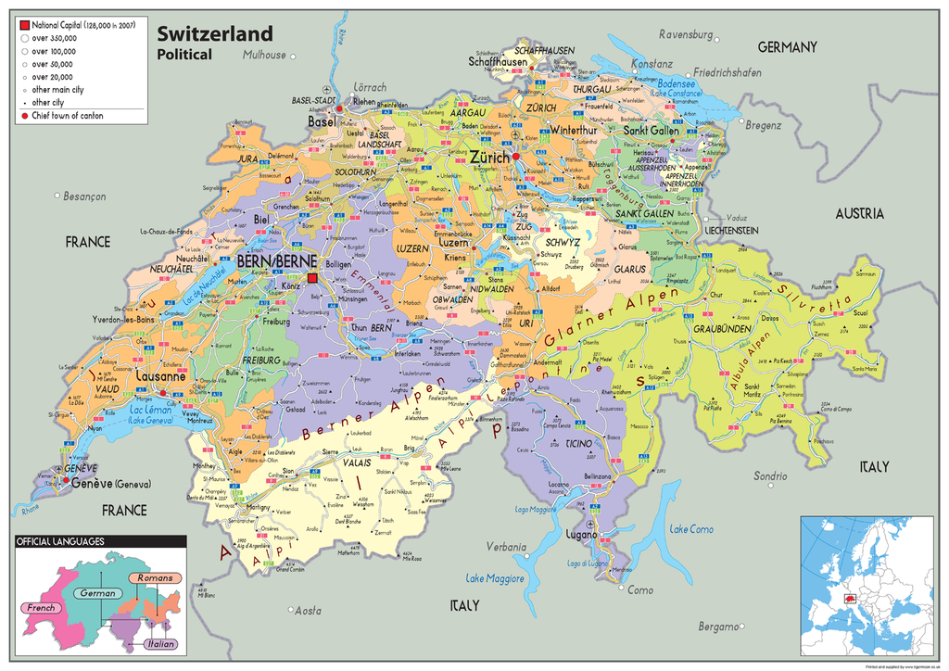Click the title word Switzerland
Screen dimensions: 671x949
point(214,33)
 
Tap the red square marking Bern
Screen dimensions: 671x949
point(313,278)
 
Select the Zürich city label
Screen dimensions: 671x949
point(489,158)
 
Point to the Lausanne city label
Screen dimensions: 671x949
point(160,377)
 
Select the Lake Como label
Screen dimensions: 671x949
point(691,529)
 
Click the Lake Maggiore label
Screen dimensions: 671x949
point(495,578)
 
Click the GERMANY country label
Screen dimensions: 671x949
point(787,47)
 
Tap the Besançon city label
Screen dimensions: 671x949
point(85,196)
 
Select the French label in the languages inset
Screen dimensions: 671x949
point(41,608)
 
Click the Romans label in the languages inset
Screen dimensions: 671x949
point(154,578)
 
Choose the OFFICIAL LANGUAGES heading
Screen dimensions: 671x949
point(60,541)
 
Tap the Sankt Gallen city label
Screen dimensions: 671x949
point(651,131)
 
